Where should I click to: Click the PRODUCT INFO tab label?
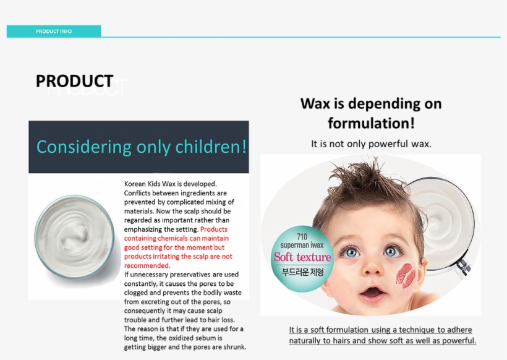[54, 32]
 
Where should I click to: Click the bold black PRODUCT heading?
[74, 81]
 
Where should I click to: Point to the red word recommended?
[147, 265]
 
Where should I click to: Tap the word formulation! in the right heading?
[371, 122]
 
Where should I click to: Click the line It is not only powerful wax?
[371, 144]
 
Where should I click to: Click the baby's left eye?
[391, 251]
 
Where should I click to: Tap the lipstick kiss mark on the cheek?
[407, 273]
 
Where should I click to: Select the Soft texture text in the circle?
[302, 257]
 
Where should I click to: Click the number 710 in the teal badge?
[302, 237]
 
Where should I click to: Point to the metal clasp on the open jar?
[462, 265]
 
